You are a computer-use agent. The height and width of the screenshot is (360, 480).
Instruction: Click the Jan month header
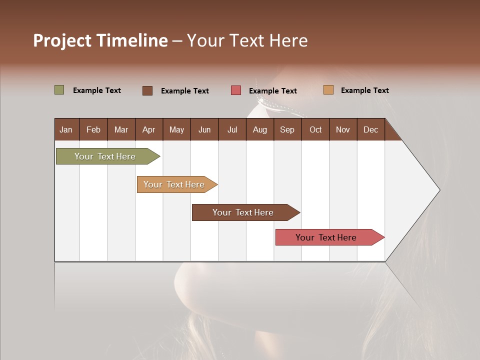[66, 129]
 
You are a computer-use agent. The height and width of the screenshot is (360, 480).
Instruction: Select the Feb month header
[93, 129]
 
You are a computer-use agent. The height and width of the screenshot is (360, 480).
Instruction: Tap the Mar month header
[121, 129]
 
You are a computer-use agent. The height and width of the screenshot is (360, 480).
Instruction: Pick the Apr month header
[148, 129]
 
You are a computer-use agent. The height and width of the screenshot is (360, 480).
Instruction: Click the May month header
[176, 129]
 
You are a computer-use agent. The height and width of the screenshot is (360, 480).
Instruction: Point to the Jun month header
[204, 129]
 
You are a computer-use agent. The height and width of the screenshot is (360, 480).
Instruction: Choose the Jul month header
[232, 129]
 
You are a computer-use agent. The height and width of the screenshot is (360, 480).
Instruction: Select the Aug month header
[259, 129]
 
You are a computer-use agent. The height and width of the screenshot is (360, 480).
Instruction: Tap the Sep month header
[287, 129]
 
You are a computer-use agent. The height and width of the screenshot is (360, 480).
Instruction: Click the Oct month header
[315, 129]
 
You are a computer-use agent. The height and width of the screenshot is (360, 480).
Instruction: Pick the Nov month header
[343, 129]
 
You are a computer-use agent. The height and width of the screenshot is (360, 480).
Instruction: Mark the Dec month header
[370, 129]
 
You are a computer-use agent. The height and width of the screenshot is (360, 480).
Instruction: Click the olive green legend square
[59, 90]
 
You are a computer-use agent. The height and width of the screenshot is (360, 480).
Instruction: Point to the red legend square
[236, 90]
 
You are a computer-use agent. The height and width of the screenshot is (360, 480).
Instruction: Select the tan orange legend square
[328, 90]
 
